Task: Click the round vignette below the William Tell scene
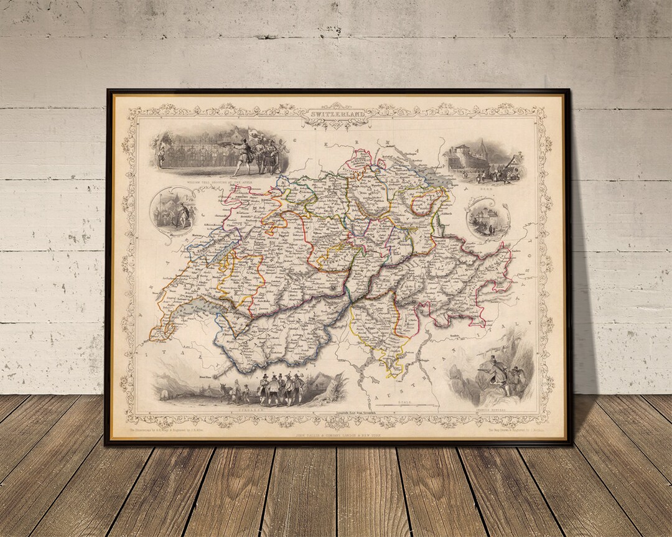(172, 210)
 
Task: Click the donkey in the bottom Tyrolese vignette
(226, 392)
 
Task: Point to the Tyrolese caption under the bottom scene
(244, 411)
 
